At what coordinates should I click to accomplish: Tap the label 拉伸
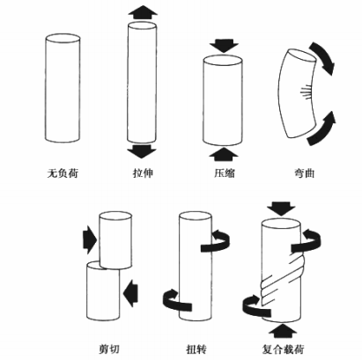click(141, 173)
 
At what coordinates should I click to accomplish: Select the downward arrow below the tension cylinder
click(141, 151)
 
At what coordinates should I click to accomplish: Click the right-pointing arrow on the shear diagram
click(89, 236)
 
